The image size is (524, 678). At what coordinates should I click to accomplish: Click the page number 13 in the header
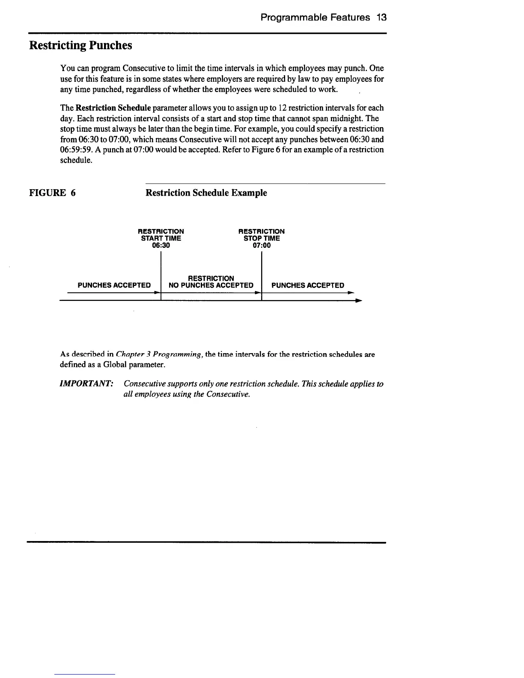382,18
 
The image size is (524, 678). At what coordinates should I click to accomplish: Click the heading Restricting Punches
80,45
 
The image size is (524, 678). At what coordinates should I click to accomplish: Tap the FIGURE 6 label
52,193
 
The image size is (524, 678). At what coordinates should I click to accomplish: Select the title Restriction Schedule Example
206,193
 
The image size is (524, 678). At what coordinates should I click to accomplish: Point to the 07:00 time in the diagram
262,245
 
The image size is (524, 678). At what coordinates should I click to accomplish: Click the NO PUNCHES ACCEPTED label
211,285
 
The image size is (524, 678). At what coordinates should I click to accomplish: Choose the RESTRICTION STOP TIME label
262,235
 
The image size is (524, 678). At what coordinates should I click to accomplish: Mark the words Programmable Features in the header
315,18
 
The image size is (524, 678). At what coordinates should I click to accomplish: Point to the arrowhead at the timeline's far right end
359,301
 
